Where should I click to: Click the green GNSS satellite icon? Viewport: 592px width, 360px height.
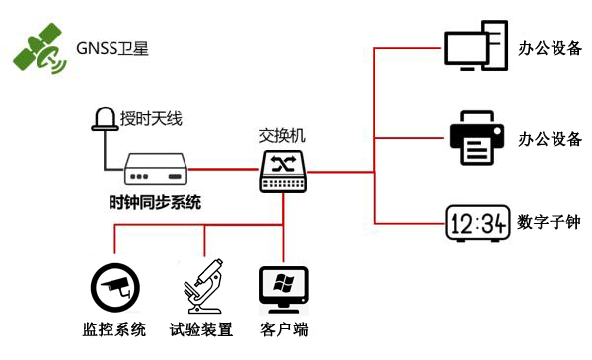pos(38,50)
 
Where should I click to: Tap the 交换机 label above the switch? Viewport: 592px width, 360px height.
pos(284,136)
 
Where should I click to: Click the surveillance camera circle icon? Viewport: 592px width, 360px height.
pos(114,287)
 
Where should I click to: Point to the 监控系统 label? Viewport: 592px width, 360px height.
pos(114,329)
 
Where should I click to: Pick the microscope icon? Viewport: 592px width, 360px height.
pos(202,287)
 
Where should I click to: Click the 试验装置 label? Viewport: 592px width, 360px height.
pos(201,329)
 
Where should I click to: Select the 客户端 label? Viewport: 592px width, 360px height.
pos(284,329)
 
